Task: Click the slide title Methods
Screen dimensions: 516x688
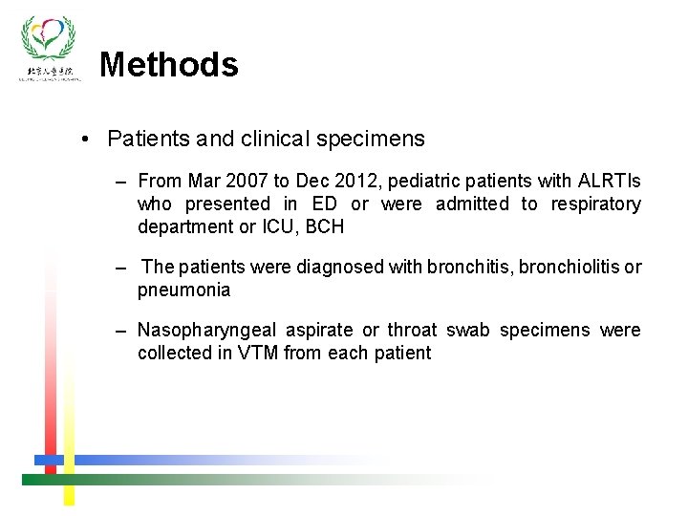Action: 168,65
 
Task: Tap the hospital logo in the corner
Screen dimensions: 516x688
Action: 49,48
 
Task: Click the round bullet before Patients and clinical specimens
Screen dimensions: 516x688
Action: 87,140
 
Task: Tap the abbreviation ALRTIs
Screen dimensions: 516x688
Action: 610,181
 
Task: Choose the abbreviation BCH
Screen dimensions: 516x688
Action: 327,226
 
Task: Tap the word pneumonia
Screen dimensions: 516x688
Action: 183,290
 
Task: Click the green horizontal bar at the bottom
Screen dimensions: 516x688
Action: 191,479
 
